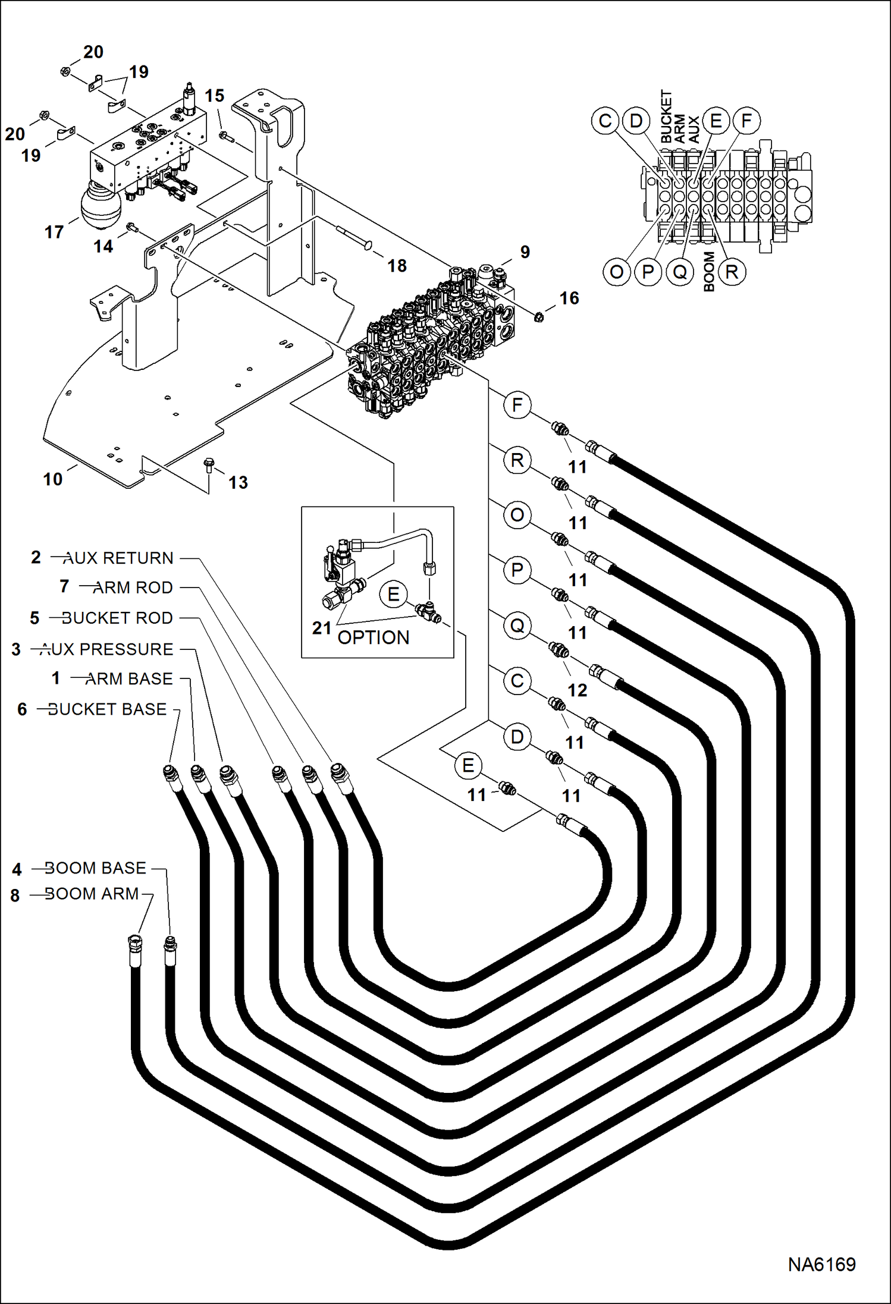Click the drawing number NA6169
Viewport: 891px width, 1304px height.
(821, 1264)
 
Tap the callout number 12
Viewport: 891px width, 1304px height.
(577, 690)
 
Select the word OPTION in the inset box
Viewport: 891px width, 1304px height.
(374, 637)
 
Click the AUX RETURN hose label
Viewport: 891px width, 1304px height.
(118, 558)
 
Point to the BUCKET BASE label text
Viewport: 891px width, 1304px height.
(107, 709)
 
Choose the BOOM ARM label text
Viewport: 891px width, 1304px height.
(92, 894)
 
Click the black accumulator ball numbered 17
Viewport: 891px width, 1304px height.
(101, 206)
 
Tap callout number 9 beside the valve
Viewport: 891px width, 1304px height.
(525, 252)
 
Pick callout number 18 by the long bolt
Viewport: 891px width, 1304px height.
(397, 265)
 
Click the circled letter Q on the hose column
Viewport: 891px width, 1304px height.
(517, 626)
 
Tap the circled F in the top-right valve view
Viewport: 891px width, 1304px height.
(746, 121)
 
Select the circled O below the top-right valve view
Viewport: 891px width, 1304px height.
(617, 272)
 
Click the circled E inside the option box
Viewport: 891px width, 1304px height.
(393, 594)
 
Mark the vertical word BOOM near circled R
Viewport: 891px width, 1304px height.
(709, 271)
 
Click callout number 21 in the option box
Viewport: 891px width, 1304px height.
(321, 627)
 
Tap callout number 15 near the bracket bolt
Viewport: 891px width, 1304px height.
(214, 96)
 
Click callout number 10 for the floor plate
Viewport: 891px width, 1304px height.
(52, 479)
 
